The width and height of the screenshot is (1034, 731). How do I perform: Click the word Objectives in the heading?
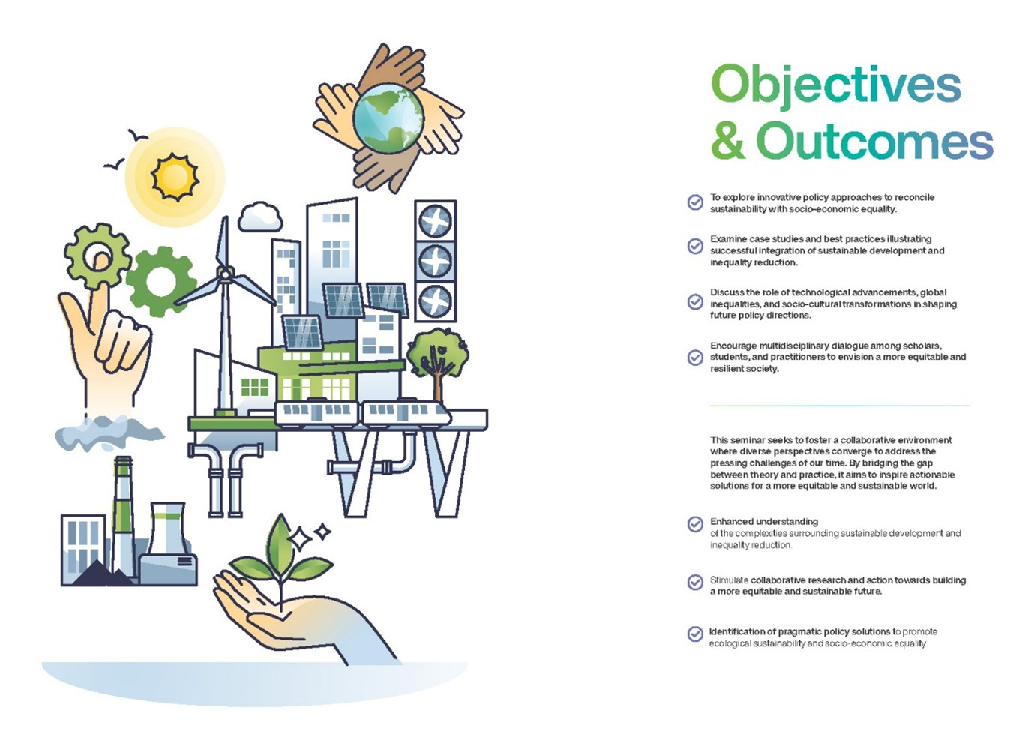835,87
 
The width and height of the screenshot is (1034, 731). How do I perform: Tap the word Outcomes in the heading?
874,141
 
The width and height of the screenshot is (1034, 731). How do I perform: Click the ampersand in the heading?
728,141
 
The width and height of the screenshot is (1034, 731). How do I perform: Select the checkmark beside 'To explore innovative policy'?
695,202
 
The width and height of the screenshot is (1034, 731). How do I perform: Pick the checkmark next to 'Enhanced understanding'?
695,524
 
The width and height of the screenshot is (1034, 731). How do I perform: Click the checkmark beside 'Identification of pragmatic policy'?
695,634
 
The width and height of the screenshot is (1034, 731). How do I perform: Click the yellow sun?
175,177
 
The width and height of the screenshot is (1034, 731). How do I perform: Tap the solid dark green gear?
160,281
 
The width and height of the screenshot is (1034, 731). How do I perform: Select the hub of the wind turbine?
225,274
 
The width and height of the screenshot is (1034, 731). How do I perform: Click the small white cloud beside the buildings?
260,217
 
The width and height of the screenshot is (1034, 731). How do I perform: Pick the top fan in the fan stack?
435,221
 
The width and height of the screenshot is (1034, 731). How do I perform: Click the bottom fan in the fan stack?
435,301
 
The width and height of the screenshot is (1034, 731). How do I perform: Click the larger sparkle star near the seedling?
300,538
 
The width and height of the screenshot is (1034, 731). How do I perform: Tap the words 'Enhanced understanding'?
764,522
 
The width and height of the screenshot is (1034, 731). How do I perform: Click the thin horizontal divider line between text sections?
840,406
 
